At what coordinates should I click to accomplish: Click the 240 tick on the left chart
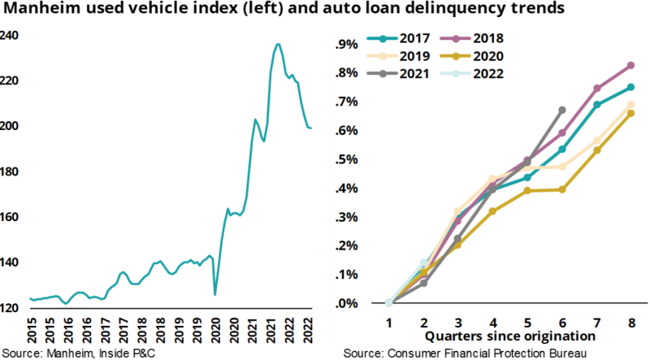pos(10,36)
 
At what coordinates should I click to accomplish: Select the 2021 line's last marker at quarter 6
pos(561,110)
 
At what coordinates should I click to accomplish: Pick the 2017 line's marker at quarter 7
pos(597,104)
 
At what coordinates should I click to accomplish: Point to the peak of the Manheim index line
pos(278,45)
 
